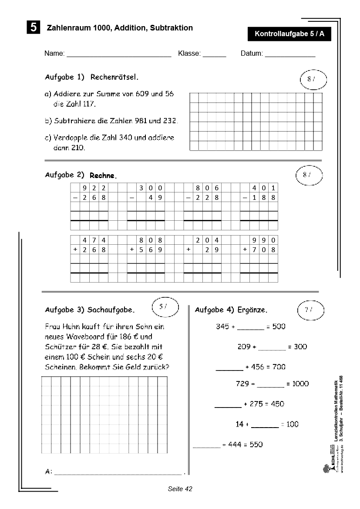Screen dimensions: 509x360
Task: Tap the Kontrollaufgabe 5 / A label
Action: [289, 34]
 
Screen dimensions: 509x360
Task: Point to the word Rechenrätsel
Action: [114, 77]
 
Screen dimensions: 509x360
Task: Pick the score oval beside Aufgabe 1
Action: [313, 79]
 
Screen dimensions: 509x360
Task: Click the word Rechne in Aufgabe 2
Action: [103, 176]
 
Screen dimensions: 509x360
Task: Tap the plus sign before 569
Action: [131, 249]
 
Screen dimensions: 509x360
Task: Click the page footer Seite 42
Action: [180, 489]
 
